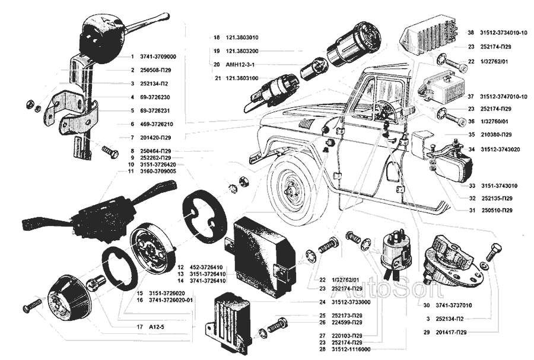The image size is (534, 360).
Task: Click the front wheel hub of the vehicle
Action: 291,192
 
